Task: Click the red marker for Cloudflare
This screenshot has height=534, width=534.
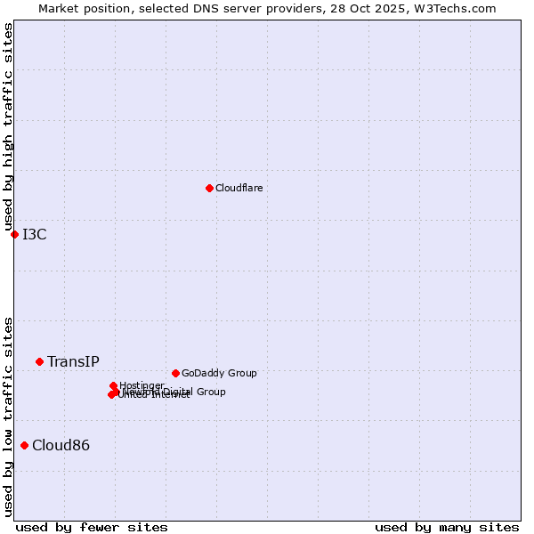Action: pos(209,188)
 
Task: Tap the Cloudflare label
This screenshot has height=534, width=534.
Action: pos(239,188)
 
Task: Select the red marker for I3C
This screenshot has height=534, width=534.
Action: pos(14,234)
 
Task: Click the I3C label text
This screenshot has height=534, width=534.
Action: pos(35,234)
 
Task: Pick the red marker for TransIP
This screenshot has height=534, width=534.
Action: pos(39,361)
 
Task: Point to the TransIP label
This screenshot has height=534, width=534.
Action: pos(73,361)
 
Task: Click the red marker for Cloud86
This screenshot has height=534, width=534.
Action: pos(24,445)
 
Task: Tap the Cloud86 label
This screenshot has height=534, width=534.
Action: pos(61,445)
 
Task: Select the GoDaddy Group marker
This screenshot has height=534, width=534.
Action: pos(175,373)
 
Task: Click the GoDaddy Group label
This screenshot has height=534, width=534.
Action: pos(218,373)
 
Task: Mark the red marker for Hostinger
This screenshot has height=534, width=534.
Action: pos(113,385)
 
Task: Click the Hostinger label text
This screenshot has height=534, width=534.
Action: pos(142,385)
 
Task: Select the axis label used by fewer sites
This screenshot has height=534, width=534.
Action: pos(92,527)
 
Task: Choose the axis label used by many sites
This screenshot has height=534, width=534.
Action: pos(447,527)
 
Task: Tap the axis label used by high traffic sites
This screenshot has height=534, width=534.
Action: pos(8,127)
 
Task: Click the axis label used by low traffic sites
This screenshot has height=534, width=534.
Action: pos(8,417)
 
